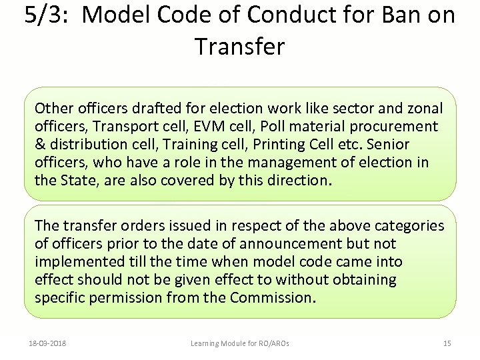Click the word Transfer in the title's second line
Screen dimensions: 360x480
[240, 47]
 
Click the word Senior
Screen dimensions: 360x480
[388, 145]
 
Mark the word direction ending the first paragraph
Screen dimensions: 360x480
[299, 181]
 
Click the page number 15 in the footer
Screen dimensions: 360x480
[447, 343]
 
